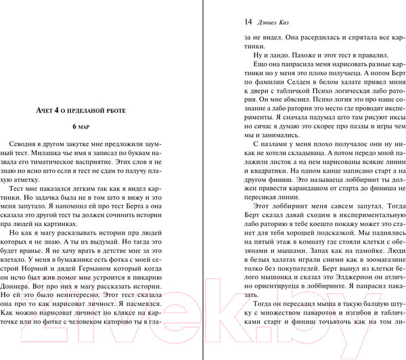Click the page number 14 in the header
247,21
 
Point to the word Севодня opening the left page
22,146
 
